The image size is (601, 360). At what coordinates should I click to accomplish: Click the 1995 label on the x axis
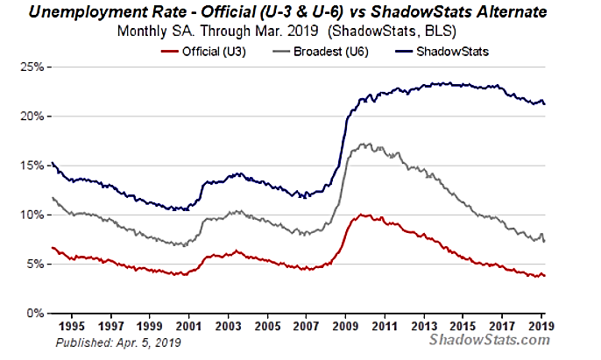pyautogui.click(x=74, y=325)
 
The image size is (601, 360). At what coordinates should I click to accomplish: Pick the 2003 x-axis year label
pyautogui.click(x=229, y=325)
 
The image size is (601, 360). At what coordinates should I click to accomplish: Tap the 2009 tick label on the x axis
pyautogui.click(x=345, y=325)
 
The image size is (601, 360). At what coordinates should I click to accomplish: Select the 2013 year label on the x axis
pyautogui.click(x=423, y=325)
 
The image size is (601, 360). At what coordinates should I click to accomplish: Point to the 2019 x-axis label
pyautogui.click(x=540, y=325)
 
